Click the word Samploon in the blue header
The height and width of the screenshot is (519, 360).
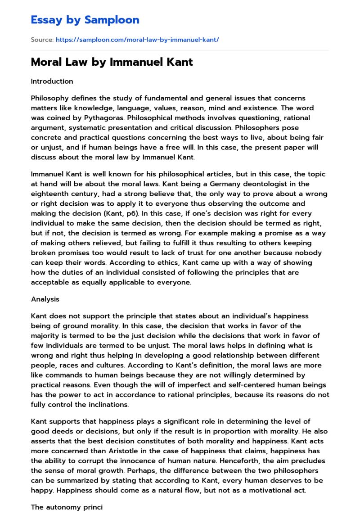click(x=112, y=20)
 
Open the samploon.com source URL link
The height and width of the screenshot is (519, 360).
click(x=137, y=40)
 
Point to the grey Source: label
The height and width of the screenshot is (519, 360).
click(x=42, y=40)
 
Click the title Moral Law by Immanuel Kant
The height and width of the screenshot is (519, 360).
click(x=112, y=62)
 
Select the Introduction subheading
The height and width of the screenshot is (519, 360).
click(x=52, y=81)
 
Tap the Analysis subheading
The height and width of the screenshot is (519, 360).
click(x=45, y=299)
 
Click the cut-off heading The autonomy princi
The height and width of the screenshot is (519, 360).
click(x=67, y=507)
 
